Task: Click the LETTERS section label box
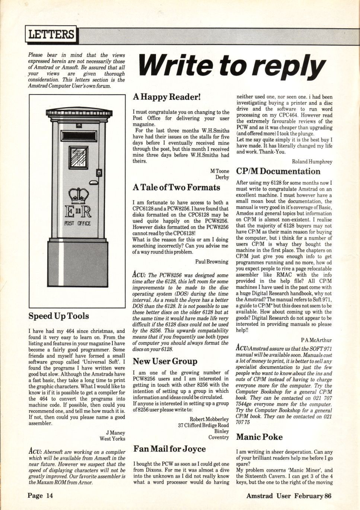tap(51, 35)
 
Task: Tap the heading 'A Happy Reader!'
tap(166, 97)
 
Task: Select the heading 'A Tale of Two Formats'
tap(176, 188)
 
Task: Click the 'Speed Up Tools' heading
tap(59, 316)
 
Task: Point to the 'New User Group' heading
tap(165, 361)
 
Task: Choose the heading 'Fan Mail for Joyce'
tap(169, 449)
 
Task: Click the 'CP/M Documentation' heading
tap(278, 171)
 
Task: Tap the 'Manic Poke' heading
tap(259, 437)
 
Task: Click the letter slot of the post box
tap(79, 135)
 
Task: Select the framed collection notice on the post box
tap(79, 157)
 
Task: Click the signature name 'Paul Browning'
tap(212, 262)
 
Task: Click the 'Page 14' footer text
tap(40, 495)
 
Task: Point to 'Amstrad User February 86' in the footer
tap(289, 495)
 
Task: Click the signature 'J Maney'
tap(115, 433)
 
